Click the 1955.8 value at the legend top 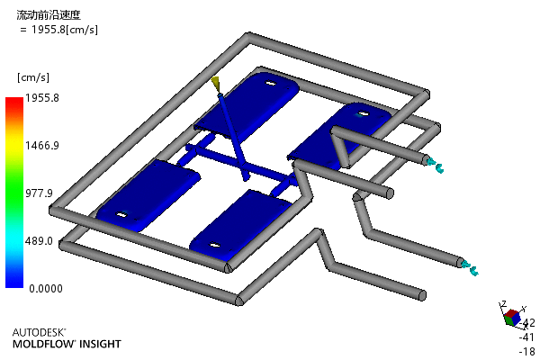(42, 98)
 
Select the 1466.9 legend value (42, 146)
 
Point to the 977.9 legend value (39, 193)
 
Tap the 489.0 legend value (39, 241)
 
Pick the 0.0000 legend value (46, 288)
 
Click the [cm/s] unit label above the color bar (33, 77)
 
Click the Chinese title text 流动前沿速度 (49, 14)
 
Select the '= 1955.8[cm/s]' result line (58, 30)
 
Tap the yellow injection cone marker (216, 84)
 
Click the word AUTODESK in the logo (39, 332)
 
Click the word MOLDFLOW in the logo (43, 344)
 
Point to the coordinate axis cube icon (512, 318)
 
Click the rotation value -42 (527, 323)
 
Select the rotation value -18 (527, 351)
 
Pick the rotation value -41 (526, 337)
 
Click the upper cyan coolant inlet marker (435, 165)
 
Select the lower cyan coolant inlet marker (470, 268)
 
